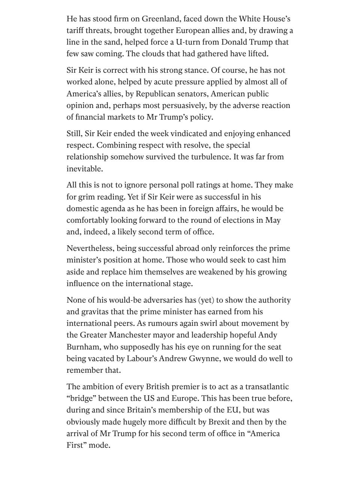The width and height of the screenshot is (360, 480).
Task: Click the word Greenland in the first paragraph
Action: coord(159,19)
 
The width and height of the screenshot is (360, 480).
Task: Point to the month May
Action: coord(273,220)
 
